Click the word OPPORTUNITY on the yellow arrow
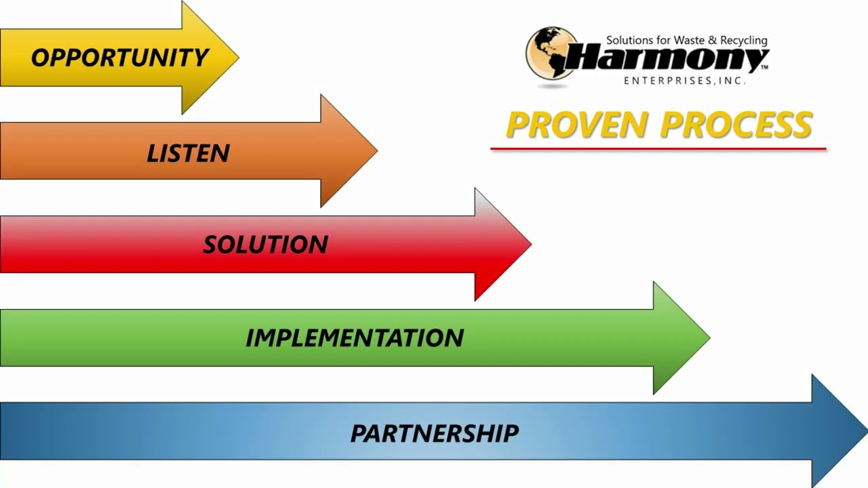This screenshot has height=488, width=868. [x=119, y=58]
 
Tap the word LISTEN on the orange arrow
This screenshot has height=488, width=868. [x=188, y=153]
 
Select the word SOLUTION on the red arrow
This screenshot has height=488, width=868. [x=265, y=245]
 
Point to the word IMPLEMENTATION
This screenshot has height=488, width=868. [x=355, y=338]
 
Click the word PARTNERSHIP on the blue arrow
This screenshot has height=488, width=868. [x=434, y=432]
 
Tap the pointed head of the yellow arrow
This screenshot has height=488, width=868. [x=210, y=58]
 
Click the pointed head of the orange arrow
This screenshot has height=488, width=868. [x=349, y=150]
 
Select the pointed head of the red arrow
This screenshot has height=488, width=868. [x=502, y=244]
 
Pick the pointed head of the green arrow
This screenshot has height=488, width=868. [x=681, y=338]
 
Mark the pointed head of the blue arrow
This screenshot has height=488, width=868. [x=839, y=431]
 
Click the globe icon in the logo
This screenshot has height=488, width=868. [x=550, y=54]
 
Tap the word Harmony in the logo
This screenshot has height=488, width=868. [x=668, y=60]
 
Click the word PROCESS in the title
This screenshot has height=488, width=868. [x=736, y=125]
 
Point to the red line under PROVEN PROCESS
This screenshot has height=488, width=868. [x=658, y=148]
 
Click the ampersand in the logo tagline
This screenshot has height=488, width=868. [x=711, y=41]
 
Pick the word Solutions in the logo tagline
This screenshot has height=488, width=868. [x=629, y=41]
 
